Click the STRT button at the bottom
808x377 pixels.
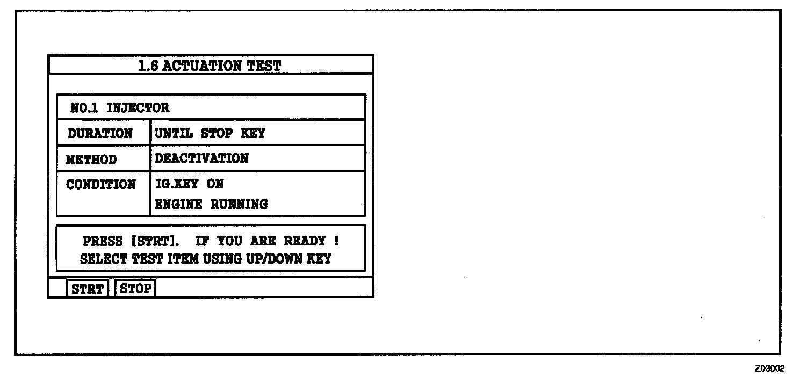[87, 288]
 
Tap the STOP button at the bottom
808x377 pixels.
[135, 288]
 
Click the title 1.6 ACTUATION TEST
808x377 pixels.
[210, 66]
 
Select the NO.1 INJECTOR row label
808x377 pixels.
[120, 108]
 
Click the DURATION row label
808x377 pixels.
[100, 133]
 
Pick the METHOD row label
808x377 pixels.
[91, 160]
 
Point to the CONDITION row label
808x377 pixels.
[101, 185]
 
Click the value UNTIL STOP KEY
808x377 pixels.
[210, 133]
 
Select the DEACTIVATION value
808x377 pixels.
[201, 158]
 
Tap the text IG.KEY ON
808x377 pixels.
[189, 184]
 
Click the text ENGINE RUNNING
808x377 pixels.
[211, 204]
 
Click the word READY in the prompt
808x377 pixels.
[305, 241]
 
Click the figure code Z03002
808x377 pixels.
[769, 368]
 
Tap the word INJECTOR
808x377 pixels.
[138, 108]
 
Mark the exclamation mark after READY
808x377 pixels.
[336, 241]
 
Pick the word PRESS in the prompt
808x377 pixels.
[102, 241]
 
